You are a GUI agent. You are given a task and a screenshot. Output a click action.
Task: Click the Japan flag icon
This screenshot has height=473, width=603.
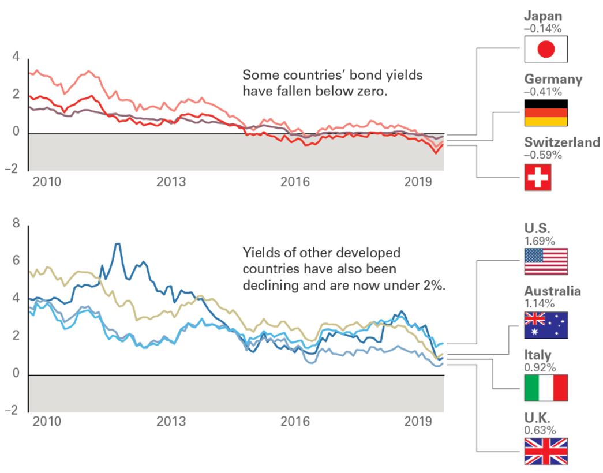[x=546, y=49]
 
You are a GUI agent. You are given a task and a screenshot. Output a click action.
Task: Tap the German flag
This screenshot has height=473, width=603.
[x=546, y=113]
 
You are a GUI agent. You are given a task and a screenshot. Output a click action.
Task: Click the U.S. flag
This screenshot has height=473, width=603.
[x=546, y=261]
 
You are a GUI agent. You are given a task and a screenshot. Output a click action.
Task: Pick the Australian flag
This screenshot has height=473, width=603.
[x=546, y=325]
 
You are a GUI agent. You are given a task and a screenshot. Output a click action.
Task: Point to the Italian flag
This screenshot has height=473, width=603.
[x=546, y=388]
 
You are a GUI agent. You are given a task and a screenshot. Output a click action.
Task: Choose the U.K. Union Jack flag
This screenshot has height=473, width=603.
[x=546, y=451]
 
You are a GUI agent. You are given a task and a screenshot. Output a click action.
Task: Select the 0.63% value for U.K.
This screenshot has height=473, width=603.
[x=540, y=430]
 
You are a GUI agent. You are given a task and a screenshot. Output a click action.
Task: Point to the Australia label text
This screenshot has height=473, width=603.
[x=552, y=291]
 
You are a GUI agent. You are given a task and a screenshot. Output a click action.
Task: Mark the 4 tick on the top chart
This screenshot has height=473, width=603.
[x=16, y=57]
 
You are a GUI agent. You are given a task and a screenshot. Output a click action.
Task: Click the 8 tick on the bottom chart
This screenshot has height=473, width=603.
[x=16, y=223]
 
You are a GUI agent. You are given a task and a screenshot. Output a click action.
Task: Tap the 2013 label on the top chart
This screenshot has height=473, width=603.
[x=171, y=182]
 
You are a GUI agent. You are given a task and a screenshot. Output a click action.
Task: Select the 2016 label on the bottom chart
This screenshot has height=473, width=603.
[x=295, y=422]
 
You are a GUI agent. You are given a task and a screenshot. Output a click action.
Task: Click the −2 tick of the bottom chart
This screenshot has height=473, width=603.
[x=14, y=410]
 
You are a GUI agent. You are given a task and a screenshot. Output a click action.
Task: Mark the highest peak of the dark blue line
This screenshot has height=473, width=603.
[x=118, y=243]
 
